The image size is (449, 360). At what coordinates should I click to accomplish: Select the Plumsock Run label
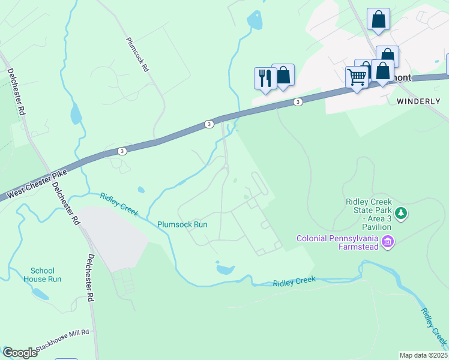click(182, 224)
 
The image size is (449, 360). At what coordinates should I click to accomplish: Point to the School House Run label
click(42, 275)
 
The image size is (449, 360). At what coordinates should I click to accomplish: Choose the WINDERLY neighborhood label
click(418, 101)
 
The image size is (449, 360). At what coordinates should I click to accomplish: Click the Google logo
click(20, 353)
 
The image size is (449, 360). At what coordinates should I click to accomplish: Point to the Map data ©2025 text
click(423, 355)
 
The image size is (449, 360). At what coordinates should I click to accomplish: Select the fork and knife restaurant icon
click(264, 77)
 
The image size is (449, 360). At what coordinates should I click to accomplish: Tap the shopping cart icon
click(357, 77)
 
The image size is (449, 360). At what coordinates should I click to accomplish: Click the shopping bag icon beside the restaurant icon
click(283, 75)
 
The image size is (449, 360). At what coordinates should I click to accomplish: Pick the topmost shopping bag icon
click(378, 19)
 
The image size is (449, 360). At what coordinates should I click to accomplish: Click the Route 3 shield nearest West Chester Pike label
click(122, 151)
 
